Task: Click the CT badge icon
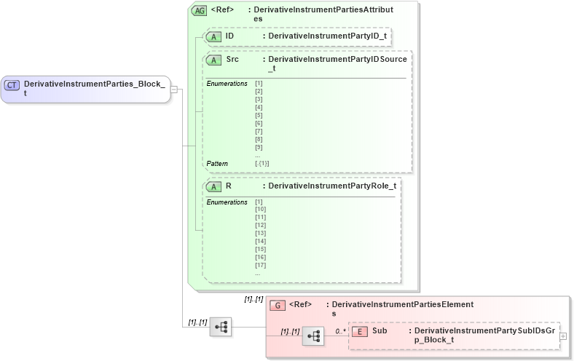tap(12, 85)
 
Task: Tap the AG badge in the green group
tap(199, 11)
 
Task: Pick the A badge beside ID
tap(214, 36)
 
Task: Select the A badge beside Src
tap(214, 60)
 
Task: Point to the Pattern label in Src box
tap(217, 164)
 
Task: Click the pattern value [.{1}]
tap(262, 164)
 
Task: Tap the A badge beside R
tap(214, 186)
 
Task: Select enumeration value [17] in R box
tap(260, 265)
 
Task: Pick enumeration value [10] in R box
tap(260, 210)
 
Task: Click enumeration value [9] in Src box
tap(259, 147)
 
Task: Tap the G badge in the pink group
tap(277, 306)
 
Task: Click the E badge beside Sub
tap(360, 331)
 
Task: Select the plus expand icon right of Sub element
tap(563, 336)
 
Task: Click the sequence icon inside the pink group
tap(313, 336)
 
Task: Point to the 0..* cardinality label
tap(340, 331)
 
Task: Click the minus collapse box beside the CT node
tap(174, 90)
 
